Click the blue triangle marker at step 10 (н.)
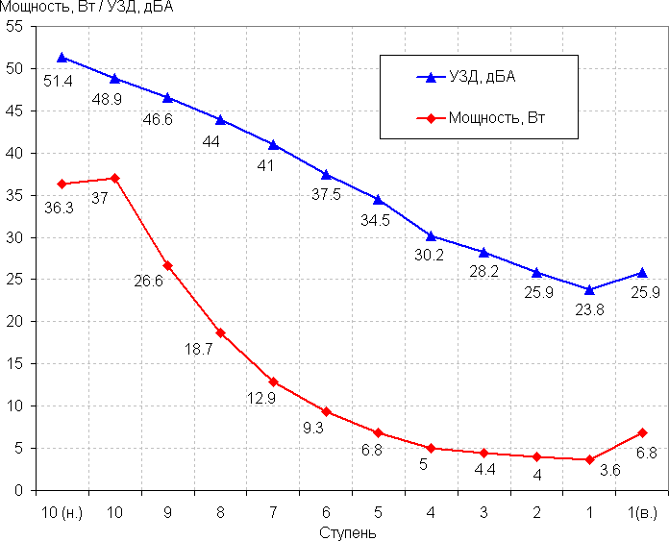click(62, 58)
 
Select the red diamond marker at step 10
click(114, 178)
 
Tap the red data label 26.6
click(148, 282)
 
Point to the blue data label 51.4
click(59, 82)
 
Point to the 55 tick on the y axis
click(14, 27)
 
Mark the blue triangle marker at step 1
click(589, 289)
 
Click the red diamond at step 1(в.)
click(642, 432)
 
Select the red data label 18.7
click(198, 349)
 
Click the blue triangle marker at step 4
click(431, 235)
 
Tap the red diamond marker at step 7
click(273, 381)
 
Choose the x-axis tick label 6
click(326, 511)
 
